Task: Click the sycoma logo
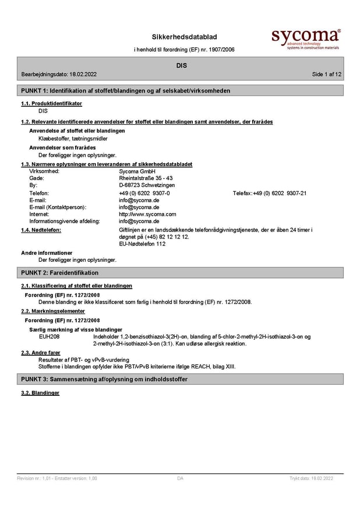pyautogui.click(x=305, y=38)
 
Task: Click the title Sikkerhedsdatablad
pyautogui.click(x=184, y=37)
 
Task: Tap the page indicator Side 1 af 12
pyautogui.click(x=327, y=74)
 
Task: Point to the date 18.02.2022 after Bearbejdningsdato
pyautogui.click(x=83, y=74)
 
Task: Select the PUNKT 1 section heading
pyautogui.click(x=125, y=91)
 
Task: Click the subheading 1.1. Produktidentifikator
pyautogui.click(x=51, y=103)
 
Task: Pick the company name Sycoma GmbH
pyautogui.click(x=137, y=171)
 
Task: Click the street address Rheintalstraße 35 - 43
pyautogui.click(x=145, y=178)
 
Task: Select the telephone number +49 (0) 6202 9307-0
pyautogui.click(x=144, y=193)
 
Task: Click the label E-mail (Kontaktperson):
pyautogui.click(x=58, y=207)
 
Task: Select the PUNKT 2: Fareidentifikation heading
pyautogui.click(x=60, y=273)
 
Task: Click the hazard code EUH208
pyautogui.click(x=49, y=336)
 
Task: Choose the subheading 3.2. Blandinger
pyautogui.click(x=40, y=393)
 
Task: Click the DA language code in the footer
pyautogui.click(x=180, y=478)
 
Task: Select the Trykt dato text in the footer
pyautogui.click(x=311, y=478)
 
